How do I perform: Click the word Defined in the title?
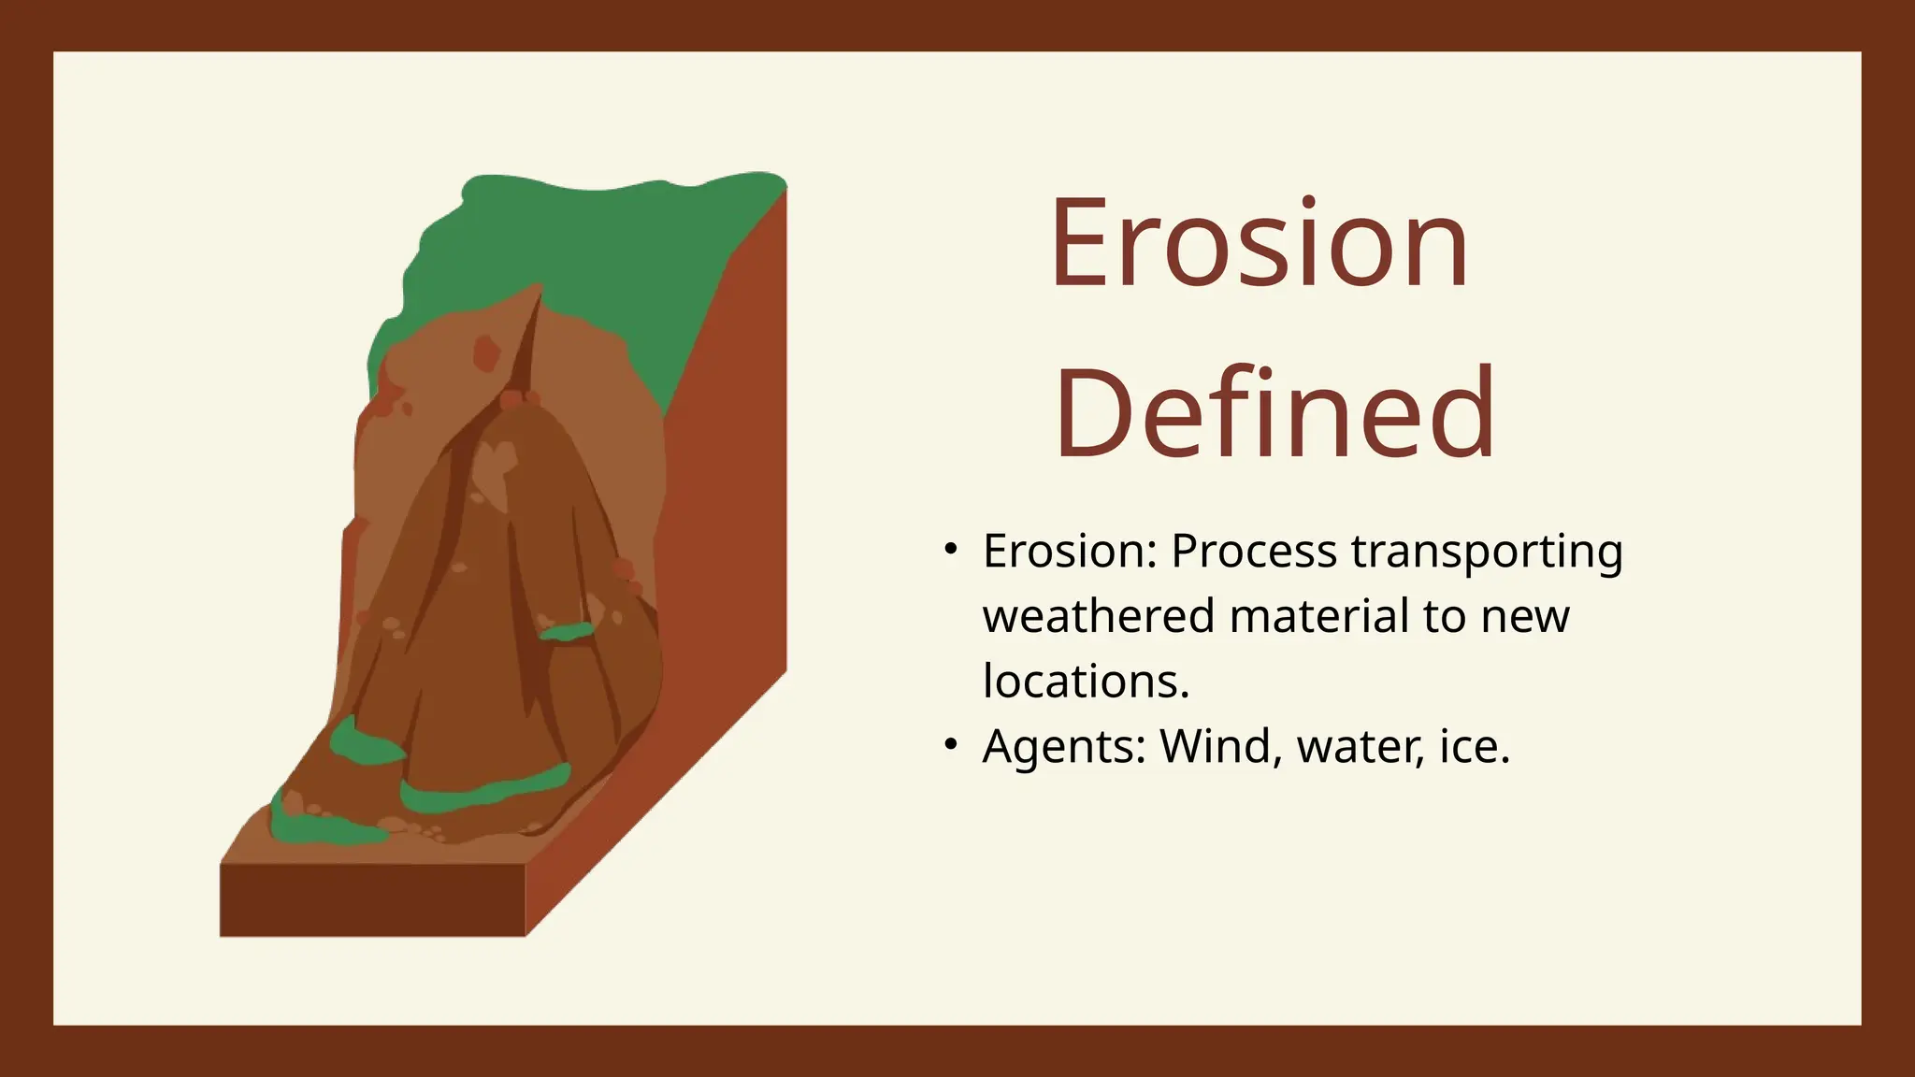1274,414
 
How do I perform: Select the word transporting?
1487,552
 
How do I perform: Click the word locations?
1085,682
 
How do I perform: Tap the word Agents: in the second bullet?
1063,747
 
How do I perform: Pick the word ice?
1474,747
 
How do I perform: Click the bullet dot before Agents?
950,745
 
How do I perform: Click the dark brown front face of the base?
372,899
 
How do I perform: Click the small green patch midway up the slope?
567,633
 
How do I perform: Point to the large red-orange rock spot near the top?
486,353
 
